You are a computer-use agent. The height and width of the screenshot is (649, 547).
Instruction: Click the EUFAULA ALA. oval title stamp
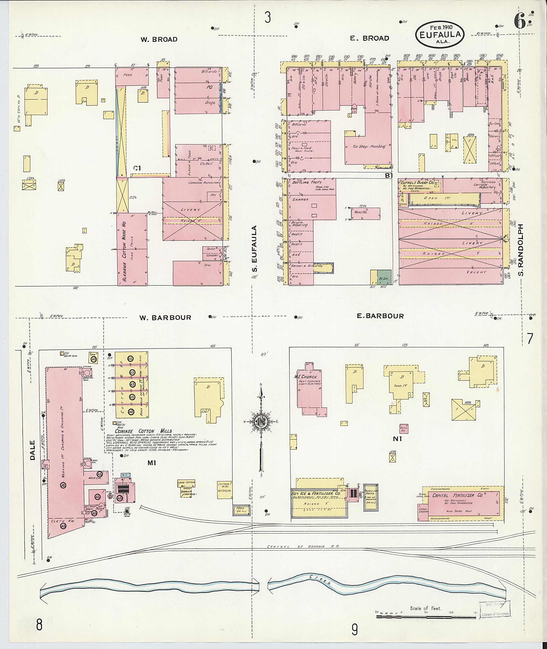(x=440, y=34)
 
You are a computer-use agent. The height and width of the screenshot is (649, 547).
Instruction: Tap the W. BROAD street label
(x=159, y=39)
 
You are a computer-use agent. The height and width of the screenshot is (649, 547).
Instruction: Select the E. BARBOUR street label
(x=380, y=316)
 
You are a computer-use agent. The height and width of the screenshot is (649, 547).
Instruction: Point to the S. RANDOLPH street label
(x=521, y=250)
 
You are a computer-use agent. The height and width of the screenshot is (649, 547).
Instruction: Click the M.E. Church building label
(x=305, y=377)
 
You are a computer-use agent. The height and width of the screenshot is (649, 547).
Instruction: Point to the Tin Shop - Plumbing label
(x=369, y=146)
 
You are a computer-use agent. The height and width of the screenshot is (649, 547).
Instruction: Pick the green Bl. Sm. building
(x=384, y=277)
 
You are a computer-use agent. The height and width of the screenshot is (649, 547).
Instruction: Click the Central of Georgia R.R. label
(x=303, y=547)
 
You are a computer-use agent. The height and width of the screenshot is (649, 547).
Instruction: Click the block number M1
(x=151, y=463)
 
